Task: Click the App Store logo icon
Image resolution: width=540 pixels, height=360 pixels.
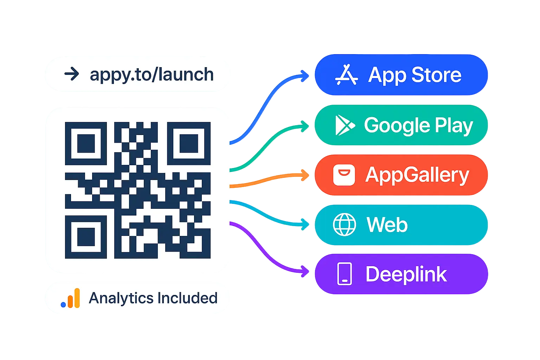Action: coord(346,75)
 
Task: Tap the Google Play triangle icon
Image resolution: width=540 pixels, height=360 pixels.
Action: coord(345,126)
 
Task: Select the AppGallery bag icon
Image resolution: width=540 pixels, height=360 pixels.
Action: coord(344,175)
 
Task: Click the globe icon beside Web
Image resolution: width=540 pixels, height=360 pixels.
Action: coord(344,225)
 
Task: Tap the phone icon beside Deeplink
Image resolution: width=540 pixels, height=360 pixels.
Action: coord(344,274)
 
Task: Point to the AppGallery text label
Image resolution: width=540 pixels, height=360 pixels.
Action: coord(417,175)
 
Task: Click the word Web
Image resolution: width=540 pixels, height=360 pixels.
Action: coord(387,225)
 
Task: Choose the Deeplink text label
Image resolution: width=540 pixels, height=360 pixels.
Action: coord(406,274)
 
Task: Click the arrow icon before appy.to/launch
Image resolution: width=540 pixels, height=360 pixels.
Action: coord(72,75)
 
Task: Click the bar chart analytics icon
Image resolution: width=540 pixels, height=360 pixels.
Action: coord(71,299)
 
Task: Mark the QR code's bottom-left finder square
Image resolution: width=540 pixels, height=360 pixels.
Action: coord(86,237)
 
